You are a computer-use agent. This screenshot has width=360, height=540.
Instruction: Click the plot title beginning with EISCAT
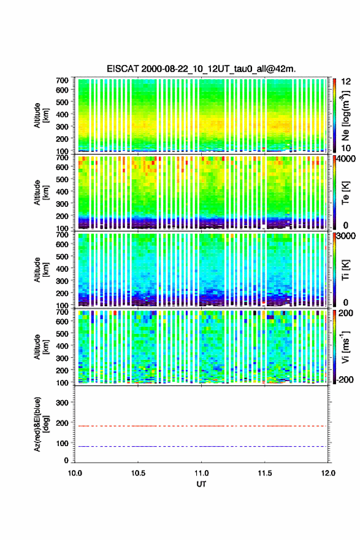[201, 69]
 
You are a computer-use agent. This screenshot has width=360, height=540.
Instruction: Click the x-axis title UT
[201, 484]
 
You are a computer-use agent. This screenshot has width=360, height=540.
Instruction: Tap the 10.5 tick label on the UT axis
[138, 473]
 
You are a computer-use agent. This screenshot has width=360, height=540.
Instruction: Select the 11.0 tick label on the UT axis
[201, 473]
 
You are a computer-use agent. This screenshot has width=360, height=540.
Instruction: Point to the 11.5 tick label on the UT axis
[265, 473]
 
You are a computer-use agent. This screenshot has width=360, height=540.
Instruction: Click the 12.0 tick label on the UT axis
[328, 473]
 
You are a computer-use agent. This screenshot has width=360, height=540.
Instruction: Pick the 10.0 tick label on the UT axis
[75, 473]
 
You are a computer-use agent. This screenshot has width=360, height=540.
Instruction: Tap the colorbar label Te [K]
[345, 193]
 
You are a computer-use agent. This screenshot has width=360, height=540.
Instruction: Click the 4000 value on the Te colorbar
[346, 160]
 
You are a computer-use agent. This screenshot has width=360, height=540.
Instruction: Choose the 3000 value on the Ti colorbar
[346, 236]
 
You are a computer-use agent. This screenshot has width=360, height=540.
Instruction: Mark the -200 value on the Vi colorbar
[345, 380]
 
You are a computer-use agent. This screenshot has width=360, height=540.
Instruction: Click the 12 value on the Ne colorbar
[346, 82]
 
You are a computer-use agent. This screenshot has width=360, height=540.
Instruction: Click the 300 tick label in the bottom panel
[63, 403]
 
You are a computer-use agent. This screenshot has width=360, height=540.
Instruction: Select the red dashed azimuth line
[201, 426]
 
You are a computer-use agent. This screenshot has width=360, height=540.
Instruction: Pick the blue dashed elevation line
[201, 446]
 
